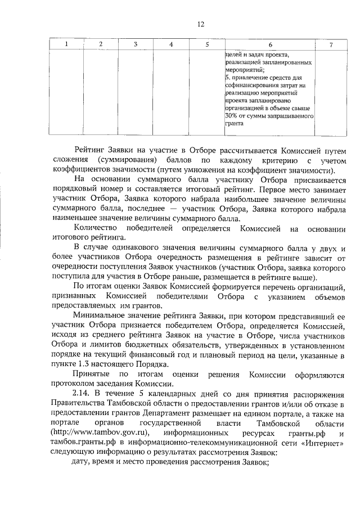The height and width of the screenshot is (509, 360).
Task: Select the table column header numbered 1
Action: click(x=66, y=44)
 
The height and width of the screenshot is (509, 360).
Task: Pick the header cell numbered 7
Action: click(x=331, y=44)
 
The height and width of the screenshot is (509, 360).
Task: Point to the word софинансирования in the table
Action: click(x=251, y=85)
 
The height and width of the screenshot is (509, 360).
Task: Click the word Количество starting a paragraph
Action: click(x=95, y=229)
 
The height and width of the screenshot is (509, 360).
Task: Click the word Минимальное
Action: click(x=105, y=317)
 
